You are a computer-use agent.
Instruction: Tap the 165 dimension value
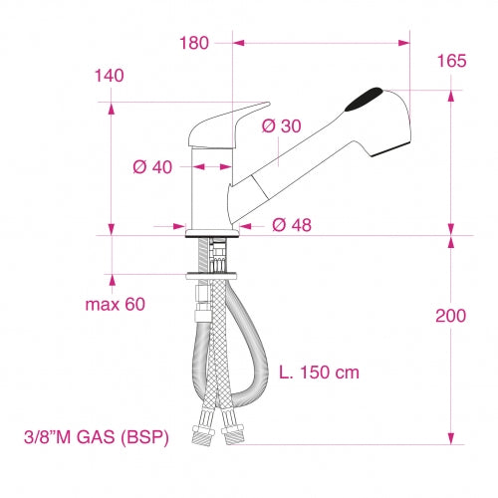[x=451, y=62]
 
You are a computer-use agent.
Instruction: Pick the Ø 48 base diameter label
[x=291, y=224]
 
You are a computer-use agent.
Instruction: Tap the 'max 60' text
[x=115, y=304]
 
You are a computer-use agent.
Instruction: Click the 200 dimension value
[x=451, y=316]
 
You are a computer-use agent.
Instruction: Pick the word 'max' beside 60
[x=99, y=304]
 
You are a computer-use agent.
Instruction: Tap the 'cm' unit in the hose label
[x=347, y=373]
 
